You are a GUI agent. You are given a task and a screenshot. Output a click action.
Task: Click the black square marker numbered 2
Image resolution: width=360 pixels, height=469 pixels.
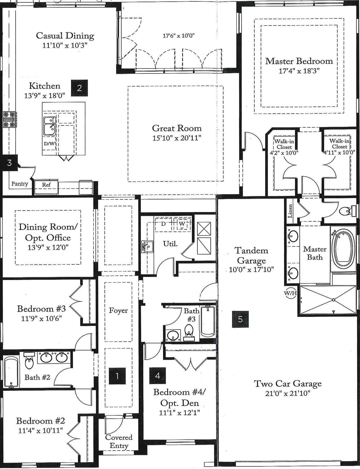tap(79, 88)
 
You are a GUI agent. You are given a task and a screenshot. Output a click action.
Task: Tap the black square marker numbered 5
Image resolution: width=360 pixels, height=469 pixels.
tap(240, 319)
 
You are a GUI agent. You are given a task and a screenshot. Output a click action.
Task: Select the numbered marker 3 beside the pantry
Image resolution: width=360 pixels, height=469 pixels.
tap(9, 162)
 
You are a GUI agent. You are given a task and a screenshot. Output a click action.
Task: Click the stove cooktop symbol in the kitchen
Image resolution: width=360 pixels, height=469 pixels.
tap(9, 119)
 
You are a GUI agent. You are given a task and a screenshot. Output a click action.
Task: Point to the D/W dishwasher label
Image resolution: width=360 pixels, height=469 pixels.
tap(49, 144)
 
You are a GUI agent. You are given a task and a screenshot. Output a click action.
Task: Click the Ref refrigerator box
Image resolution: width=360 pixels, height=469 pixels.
tap(46, 185)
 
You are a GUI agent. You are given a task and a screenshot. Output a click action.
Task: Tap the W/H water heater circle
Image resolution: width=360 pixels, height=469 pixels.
tap(290, 293)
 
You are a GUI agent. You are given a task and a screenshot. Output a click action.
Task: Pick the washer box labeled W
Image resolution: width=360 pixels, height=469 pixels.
tap(182, 224)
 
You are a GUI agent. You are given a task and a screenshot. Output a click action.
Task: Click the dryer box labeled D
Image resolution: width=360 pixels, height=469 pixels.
tap(163, 224)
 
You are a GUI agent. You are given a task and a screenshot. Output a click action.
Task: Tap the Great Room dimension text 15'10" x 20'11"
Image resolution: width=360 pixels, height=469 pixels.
tap(177, 138)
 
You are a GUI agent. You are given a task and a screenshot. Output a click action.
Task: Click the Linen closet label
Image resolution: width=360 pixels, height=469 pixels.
tap(290, 211)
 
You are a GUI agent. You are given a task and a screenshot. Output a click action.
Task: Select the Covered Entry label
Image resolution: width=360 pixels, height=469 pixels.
tap(119, 441)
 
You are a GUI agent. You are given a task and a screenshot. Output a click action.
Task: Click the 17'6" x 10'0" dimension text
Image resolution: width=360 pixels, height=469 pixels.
tap(178, 36)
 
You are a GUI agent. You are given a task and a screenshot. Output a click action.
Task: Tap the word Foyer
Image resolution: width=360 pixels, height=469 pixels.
tap(118, 311)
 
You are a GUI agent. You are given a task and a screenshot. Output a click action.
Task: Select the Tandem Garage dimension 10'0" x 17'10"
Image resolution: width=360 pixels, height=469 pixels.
tap(251, 270)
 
